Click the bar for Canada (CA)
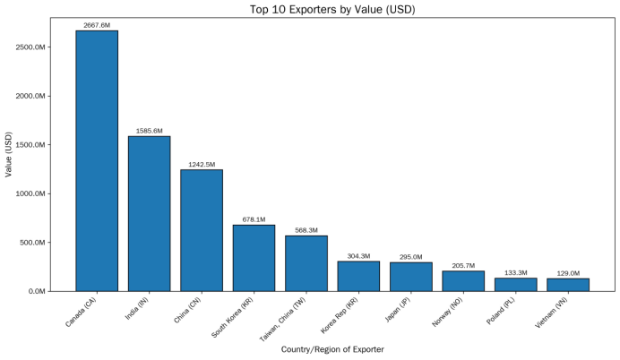97,161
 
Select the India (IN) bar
149,214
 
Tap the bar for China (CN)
202,230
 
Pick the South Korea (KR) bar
254,258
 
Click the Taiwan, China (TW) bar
306,263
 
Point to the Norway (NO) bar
463,281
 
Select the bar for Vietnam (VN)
568,285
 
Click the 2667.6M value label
97,25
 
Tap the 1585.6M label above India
149,131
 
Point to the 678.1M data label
254,219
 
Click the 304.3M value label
358,256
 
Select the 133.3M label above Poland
515,272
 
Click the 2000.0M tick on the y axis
30,96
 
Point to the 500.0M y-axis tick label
32,243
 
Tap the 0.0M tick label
37,291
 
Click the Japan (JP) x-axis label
398,310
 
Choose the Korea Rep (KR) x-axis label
339,315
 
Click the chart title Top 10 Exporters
332,10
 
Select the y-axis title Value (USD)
9,155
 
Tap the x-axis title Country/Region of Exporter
332,349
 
